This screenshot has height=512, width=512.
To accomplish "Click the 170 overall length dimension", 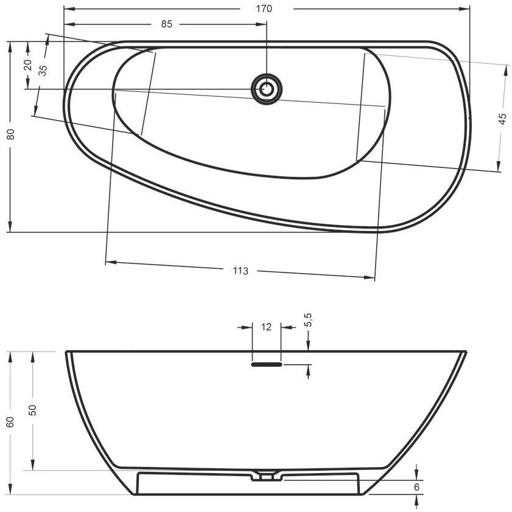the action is click(x=264, y=9).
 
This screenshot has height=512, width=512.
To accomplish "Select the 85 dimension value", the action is click(x=166, y=24).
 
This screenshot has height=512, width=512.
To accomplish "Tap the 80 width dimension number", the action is click(x=11, y=134).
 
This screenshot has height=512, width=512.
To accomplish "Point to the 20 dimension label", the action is click(x=28, y=64).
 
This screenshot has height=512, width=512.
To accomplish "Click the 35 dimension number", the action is click(x=43, y=70).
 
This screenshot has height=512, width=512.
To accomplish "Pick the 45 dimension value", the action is click(x=502, y=119).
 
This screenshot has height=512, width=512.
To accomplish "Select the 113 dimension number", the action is click(x=240, y=271).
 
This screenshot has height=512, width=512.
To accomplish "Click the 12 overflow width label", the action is click(x=267, y=327).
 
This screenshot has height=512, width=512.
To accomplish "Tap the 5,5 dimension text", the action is click(x=308, y=320).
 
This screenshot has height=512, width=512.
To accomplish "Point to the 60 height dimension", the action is click(x=11, y=422).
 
